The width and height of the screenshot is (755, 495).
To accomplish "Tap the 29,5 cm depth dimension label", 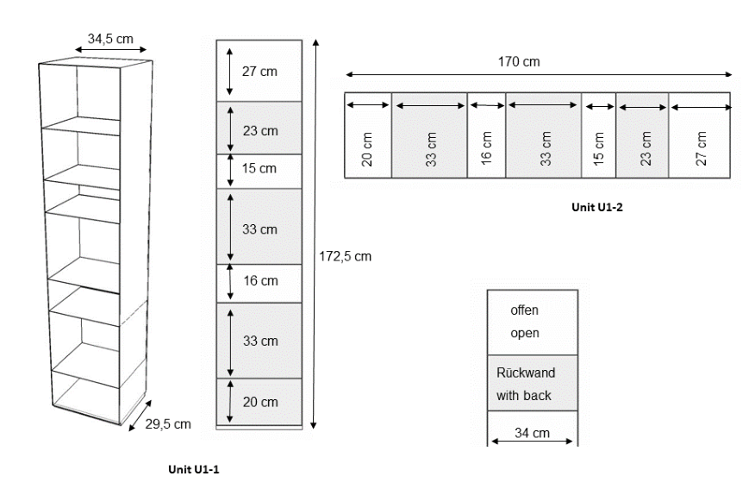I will tap(168, 423).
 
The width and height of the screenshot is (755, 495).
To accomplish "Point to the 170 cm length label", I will tap(520, 61).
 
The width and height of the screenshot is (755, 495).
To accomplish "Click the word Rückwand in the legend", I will tap(526, 373).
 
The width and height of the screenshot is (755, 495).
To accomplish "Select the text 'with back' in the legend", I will tap(524, 396).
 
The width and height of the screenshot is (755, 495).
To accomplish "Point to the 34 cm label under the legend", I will tap(533, 433).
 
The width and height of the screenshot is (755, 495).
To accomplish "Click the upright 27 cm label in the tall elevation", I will tap(259, 72).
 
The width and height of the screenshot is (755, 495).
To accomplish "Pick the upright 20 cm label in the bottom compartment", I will tap(259, 402).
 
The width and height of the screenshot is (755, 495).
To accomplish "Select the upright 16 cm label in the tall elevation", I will tap(259, 280).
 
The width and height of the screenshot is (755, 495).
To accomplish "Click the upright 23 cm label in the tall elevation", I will tap(259, 131).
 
